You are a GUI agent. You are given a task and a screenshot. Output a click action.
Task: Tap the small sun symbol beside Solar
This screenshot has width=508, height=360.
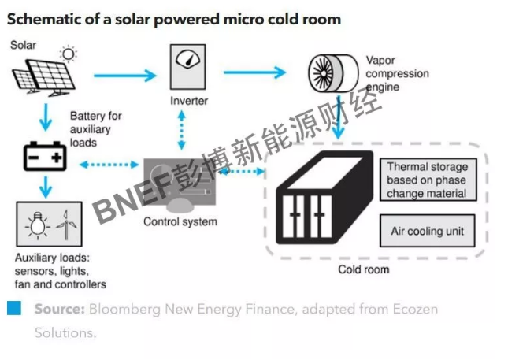(x=70, y=54)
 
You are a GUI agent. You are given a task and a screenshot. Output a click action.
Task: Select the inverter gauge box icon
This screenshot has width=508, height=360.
(x=188, y=66)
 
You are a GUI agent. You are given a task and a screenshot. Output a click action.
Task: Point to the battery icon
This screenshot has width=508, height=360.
(x=46, y=158)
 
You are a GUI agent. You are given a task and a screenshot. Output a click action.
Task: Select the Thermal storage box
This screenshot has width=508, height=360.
(x=427, y=180)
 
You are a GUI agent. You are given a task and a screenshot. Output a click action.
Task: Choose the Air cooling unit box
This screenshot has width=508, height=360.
(x=427, y=232)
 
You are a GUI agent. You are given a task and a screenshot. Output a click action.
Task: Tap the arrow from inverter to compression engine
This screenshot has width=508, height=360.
(x=254, y=72)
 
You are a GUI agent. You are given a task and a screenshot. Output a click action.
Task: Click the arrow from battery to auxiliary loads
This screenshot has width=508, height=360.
(x=46, y=187)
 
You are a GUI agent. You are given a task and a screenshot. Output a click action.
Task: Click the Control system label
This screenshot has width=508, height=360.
(x=180, y=222)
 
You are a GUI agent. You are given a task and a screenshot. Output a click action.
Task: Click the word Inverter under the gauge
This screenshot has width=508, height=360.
(x=189, y=101)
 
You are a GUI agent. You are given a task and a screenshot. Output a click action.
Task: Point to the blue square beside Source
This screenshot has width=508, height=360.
(x=14, y=308)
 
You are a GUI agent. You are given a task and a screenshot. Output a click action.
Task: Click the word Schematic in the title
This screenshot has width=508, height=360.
(x=40, y=20)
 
